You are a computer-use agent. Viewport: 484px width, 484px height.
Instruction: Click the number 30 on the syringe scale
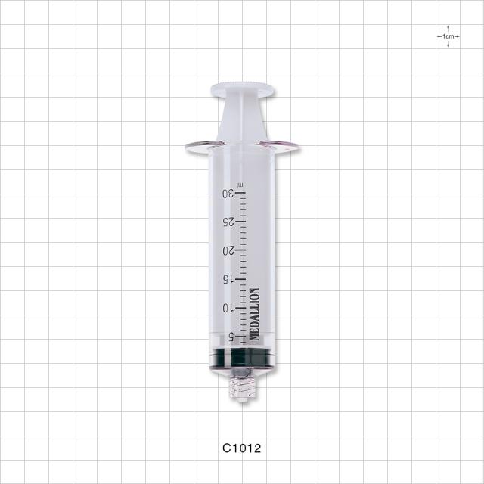(x=228, y=194)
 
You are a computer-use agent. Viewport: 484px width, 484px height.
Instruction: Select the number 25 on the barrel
(x=228, y=222)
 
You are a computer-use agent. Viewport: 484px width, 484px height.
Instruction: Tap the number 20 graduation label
(x=228, y=251)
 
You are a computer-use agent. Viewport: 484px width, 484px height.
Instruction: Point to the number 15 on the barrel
(x=229, y=279)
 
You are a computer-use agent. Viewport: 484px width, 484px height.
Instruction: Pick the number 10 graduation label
(x=229, y=308)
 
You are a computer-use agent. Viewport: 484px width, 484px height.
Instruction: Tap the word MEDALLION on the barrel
(x=255, y=315)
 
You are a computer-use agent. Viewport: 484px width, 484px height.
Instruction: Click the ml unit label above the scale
(x=240, y=185)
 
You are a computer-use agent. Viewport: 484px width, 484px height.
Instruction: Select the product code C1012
(x=242, y=448)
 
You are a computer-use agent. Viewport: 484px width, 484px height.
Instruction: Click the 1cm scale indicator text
(x=448, y=36)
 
